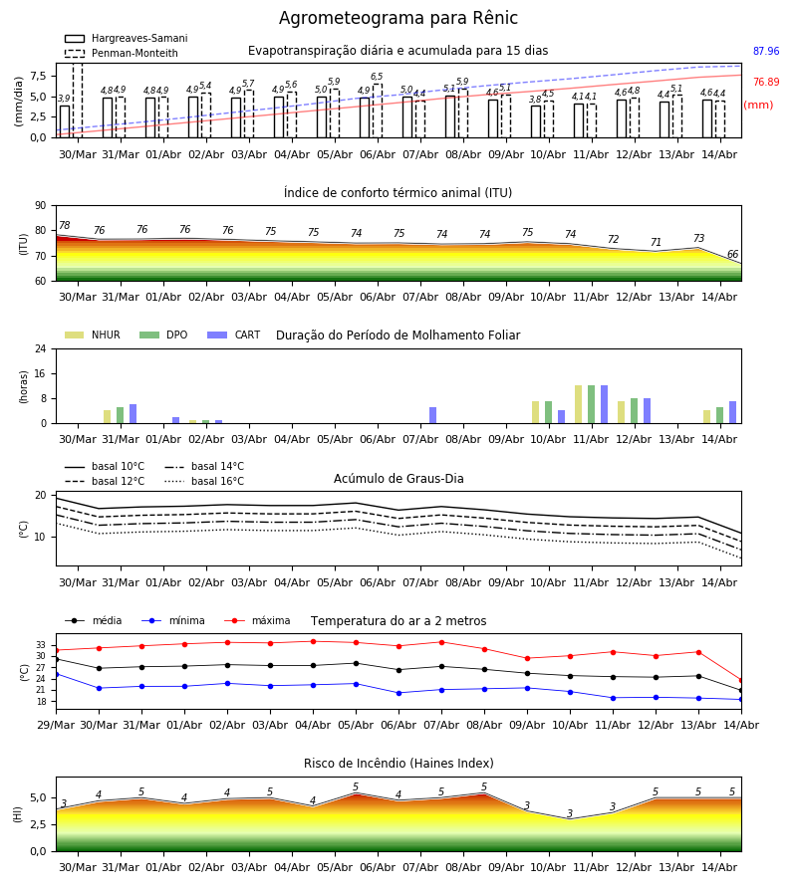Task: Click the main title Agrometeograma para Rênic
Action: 398,18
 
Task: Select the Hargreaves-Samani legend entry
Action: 127,38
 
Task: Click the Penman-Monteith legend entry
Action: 122,53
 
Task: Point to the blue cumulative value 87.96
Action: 766,51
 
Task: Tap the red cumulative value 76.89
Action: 766,82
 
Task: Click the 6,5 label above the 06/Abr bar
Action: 377,77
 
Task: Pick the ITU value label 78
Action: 64,225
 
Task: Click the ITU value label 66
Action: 732,254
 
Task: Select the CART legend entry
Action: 234,335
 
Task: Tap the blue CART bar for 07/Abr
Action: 432,415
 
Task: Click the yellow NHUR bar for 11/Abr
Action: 578,404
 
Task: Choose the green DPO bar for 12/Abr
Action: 634,411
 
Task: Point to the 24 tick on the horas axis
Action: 41,348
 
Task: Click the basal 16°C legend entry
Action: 204,481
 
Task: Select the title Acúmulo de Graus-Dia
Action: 398,479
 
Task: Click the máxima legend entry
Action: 258,620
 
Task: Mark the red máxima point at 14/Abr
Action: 741,681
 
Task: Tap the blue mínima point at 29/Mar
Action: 56,674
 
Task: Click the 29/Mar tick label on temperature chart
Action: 56,725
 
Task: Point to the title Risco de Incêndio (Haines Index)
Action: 398,764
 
